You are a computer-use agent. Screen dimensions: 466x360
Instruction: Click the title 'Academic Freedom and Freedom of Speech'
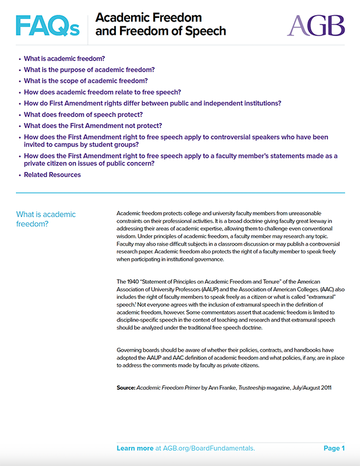160,24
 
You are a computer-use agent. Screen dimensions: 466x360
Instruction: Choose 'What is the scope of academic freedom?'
86,81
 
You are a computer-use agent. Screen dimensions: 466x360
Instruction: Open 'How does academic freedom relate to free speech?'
103,92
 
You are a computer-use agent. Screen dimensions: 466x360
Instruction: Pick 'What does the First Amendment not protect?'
93,126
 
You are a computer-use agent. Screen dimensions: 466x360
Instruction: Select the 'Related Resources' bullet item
52,175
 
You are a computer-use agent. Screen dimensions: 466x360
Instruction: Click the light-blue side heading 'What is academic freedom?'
46,219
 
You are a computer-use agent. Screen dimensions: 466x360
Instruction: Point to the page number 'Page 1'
334,449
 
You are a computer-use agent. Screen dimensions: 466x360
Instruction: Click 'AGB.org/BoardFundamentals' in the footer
210,449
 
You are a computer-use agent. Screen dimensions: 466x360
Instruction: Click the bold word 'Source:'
126,387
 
